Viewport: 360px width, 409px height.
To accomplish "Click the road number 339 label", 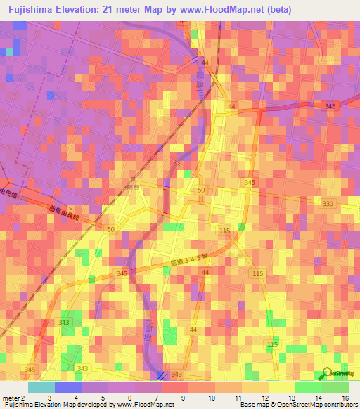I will click(328, 203).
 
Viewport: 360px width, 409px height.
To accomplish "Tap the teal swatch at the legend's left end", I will click(41, 387).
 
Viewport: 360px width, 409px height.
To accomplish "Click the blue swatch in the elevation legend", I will click(68, 387).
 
